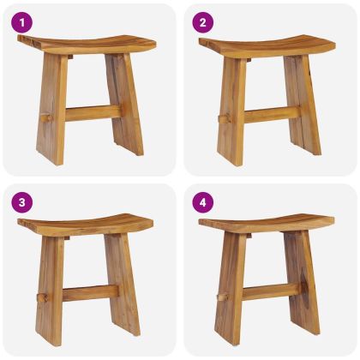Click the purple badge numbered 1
(22, 23)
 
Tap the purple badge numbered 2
(203, 23)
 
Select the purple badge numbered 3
(22, 203)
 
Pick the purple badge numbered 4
(203, 203)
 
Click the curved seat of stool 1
(87, 45)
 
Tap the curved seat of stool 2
(267, 45)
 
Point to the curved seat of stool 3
(85, 225)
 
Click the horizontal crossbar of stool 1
(93, 113)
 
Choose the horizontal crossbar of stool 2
(273, 115)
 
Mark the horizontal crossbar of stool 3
(91, 293)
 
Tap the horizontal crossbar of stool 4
(272, 291)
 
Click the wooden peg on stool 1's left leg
(46, 117)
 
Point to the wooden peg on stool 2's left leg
(225, 118)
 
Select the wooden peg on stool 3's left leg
(44, 297)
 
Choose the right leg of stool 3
(123, 285)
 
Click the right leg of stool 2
(303, 105)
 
